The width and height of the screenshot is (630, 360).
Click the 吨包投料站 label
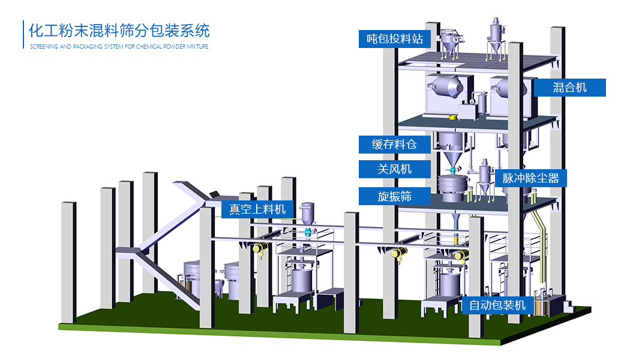[394, 40]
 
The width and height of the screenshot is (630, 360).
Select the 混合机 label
[569, 88]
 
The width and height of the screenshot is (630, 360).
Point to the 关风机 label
[394, 169]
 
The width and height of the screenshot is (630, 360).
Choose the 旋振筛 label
[394, 196]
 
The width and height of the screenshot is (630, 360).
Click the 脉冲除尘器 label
[530, 178]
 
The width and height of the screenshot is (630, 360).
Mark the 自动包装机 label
[497, 305]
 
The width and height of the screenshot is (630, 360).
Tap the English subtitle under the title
[119, 47]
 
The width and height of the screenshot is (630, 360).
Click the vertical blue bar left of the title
[23, 35]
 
